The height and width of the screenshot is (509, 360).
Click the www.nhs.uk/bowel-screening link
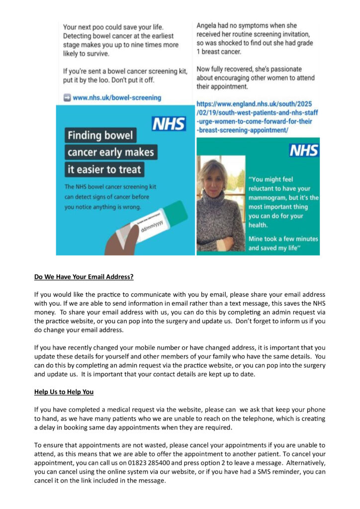pyautogui.click(x=117, y=98)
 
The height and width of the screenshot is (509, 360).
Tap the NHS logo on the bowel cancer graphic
pyautogui.click(x=169, y=123)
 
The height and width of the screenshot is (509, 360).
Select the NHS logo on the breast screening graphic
pyautogui.click(x=304, y=150)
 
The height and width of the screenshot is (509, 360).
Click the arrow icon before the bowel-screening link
pyautogui.click(x=67, y=98)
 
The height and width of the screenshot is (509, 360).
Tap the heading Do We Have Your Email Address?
pyautogui.click(x=84, y=277)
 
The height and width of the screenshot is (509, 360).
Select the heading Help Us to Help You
pyautogui.click(x=64, y=392)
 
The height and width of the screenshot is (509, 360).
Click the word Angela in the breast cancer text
pyautogui.click(x=208, y=25)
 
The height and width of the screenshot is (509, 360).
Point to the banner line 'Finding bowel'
pyautogui.click(x=101, y=136)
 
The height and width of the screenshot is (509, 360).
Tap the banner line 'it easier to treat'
pyautogui.click(x=105, y=170)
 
